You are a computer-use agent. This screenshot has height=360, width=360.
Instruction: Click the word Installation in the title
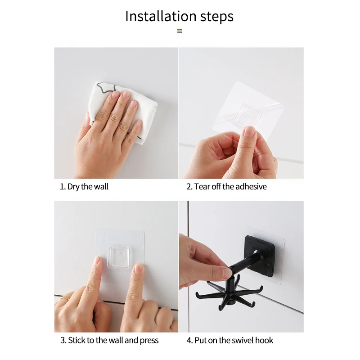(x=161, y=16)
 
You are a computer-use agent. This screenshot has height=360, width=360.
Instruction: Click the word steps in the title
(x=217, y=17)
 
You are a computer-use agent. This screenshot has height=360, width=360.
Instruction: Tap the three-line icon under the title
(x=180, y=31)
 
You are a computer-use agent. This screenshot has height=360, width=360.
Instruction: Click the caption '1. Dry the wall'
(x=84, y=187)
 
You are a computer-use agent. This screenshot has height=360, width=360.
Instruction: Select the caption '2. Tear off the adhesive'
(x=227, y=187)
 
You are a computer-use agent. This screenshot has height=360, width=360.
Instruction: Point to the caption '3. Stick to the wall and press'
(x=109, y=340)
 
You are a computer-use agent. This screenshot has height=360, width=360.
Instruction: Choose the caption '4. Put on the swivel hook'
(x=230, y=340)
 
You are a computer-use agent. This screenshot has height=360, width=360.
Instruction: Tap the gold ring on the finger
(x=64, y=298)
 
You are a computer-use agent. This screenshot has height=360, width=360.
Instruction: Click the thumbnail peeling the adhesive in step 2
(x=249, y=132)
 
